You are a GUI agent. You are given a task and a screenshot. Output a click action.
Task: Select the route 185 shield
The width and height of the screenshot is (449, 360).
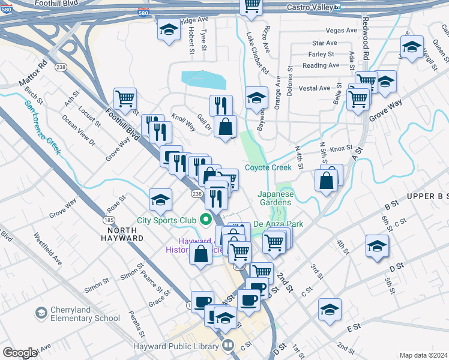click(x=109, y=221)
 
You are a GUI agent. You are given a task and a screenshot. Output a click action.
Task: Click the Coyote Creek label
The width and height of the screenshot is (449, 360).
click(x=268, y=167)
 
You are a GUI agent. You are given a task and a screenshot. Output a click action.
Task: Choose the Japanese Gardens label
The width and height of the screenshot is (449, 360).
click(x=276, y=198)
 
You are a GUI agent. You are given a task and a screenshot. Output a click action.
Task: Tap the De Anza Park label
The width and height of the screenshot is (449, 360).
click(x=277, y=224)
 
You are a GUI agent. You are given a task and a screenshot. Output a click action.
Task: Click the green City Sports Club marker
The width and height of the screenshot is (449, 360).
click(x=207, y=220)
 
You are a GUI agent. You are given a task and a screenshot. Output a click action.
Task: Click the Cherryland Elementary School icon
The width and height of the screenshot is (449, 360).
click(x=41, y=313)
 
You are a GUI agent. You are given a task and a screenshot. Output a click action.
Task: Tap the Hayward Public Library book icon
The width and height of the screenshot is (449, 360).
click(x=228, y=346)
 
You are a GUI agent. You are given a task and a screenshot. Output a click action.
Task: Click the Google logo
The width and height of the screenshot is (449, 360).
click(x=20, y=353)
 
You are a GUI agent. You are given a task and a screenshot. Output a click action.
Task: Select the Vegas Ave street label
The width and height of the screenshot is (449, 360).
click(x=341, y=31)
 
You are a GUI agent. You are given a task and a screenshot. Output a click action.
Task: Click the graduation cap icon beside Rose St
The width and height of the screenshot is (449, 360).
click(x=160, y=201)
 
